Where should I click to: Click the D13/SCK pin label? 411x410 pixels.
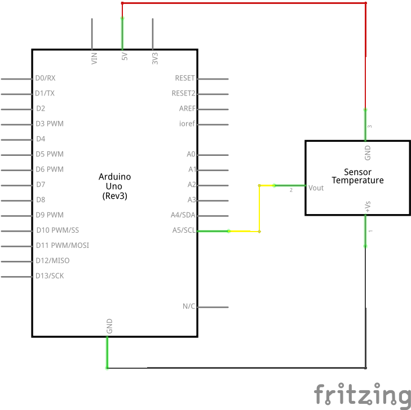[x=50, y=276]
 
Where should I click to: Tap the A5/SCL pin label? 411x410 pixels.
[x=184, y=230]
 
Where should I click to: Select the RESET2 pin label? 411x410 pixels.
[x=183, y=93]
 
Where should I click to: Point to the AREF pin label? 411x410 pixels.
[x=187, y=108]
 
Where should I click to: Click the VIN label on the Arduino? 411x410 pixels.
[x=94, y=59]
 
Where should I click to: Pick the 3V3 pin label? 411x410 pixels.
[x=155, y=59]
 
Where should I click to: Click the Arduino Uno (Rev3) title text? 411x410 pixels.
[x=114, y=186]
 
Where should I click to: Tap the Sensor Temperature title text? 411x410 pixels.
[x=357, y=176]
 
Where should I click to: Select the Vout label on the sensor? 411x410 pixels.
[x=316, y=188]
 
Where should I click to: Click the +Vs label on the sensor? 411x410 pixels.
[x=368, y=207]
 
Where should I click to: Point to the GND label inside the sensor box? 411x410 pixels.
[x=368, y=153]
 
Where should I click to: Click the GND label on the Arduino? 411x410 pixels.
[x=109, y=326]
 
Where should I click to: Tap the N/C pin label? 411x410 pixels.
[x=189, y=306]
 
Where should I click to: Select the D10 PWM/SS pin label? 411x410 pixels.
[x=58, y=230]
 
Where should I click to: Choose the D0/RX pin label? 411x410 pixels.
[x=45, y=78]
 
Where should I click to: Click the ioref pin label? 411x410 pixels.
[x=187, y=123]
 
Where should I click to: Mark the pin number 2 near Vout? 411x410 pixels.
[x=291, y=190]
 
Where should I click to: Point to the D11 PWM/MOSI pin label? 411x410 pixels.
[x=63, y=246]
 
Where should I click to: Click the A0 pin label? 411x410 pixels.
[x=191, y=154]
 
